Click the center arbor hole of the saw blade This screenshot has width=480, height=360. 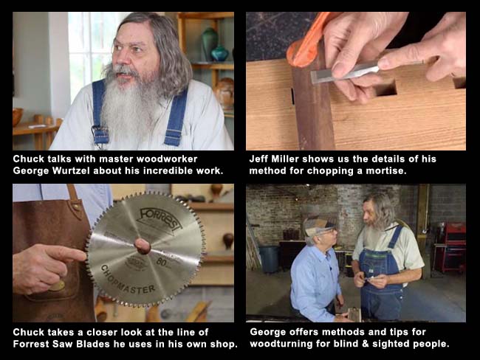pos(143,246)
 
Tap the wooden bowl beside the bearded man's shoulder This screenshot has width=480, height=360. pos(18,117)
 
